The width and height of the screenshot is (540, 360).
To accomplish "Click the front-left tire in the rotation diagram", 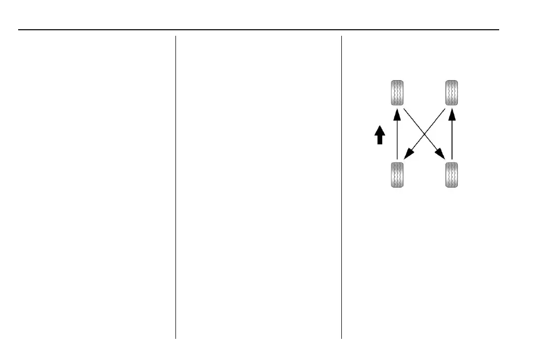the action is click(x=397, y=93).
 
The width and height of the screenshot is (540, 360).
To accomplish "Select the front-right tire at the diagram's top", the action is click(x=452, y=93).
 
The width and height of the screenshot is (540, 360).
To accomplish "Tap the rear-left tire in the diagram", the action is click(x=397, y=175).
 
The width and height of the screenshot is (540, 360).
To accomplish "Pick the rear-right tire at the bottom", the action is click(x=452, y=175).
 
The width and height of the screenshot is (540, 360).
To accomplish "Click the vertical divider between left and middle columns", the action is click(x=175, y=187).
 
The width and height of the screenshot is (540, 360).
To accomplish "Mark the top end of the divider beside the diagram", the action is click(x=341, y=37).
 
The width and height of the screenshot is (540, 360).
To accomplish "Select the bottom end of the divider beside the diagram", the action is click(x=341, y=337).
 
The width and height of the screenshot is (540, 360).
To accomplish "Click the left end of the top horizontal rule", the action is click(x=19, y=30).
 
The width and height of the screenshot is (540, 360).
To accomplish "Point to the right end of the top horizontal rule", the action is click(x=498, y=30).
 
